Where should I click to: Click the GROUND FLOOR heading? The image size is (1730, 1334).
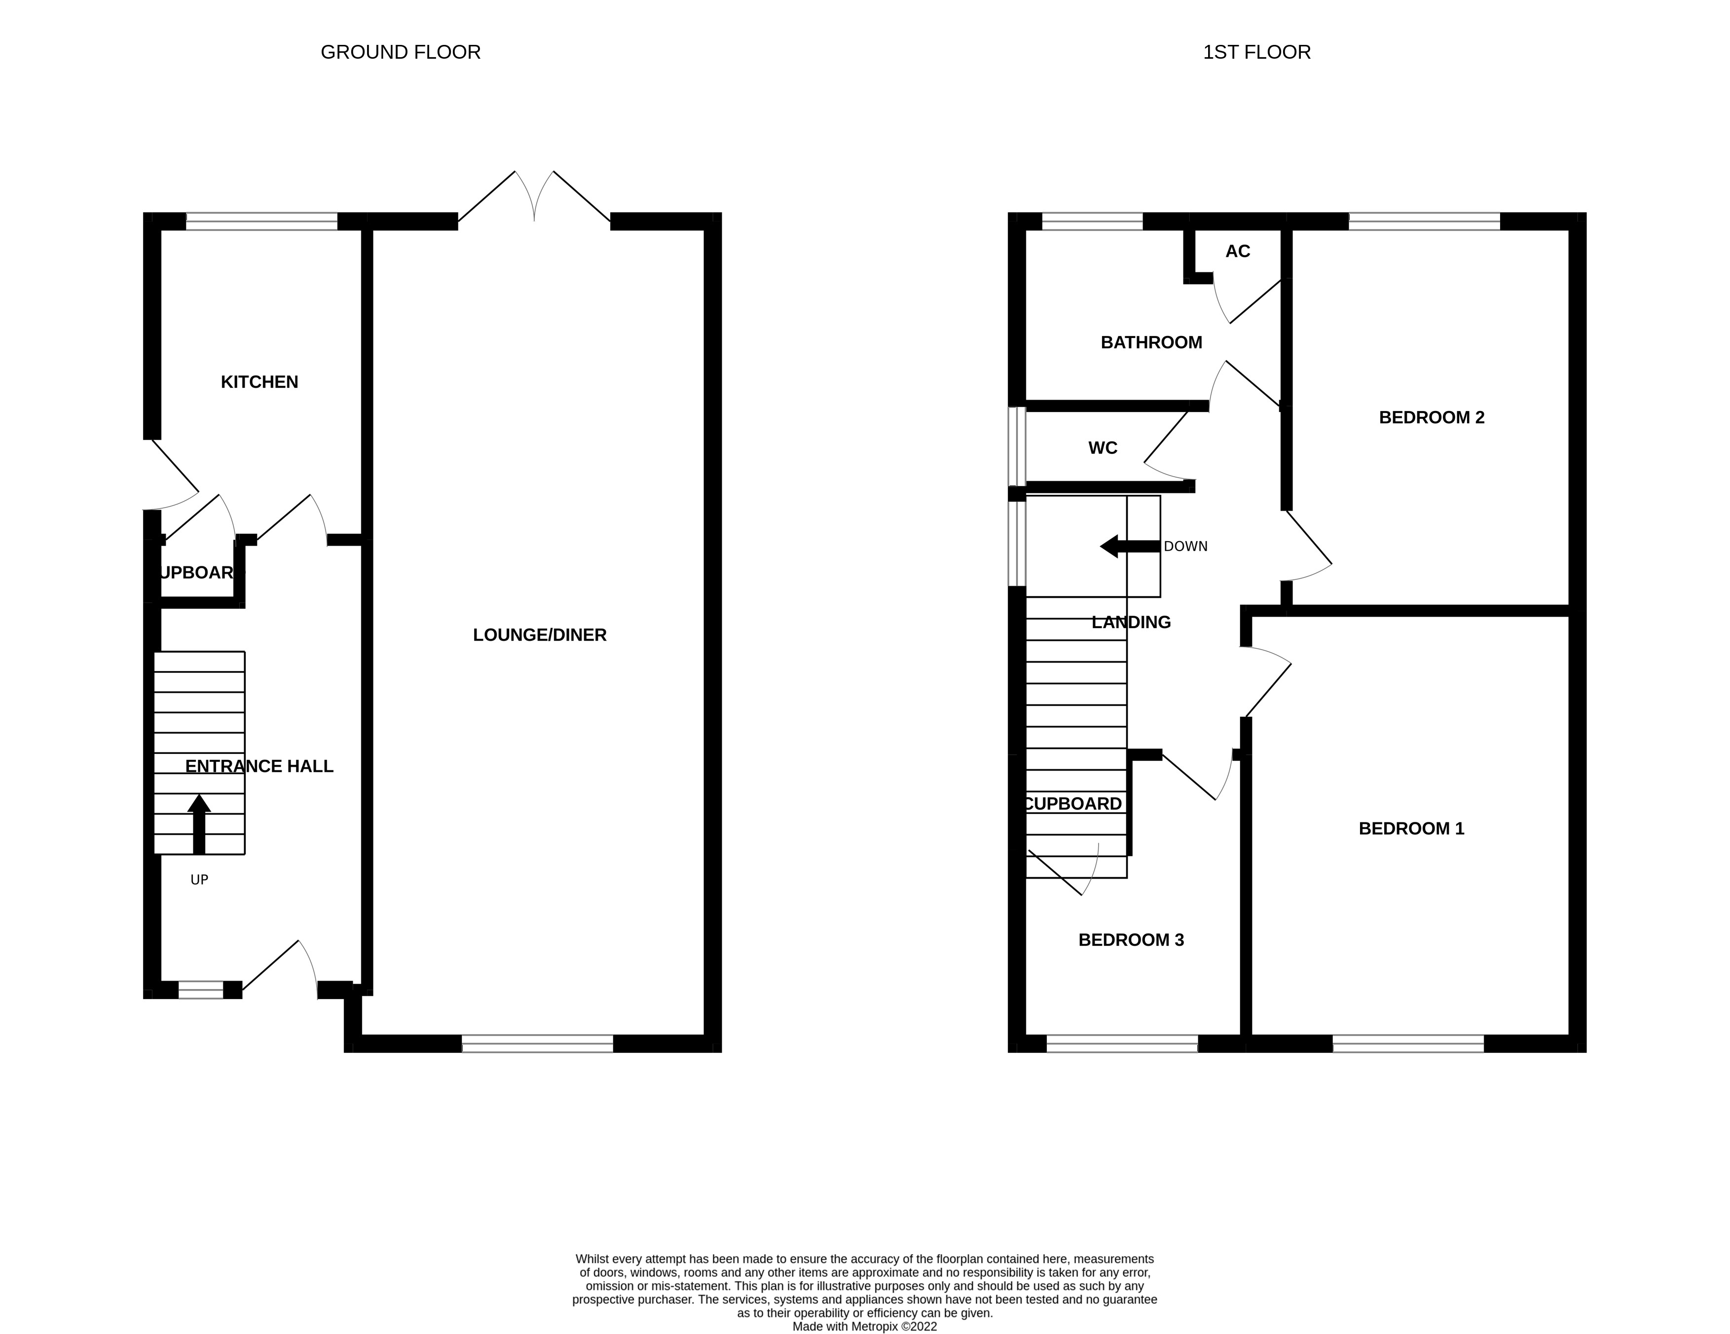click(x=400, y=52)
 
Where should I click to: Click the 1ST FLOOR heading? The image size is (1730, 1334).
click(x=1256, y=52)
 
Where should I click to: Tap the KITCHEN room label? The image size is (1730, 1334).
click(x=259, y=382)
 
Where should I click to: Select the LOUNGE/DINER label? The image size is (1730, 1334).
click(x=540, y=634)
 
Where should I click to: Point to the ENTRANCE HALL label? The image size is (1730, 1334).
click(x=259, y=766)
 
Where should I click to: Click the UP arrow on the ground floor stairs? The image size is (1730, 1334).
click(x=199, y=824)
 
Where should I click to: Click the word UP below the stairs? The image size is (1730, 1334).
click(x=199, y=879)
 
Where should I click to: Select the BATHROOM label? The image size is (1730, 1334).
click(x=1151, y=342)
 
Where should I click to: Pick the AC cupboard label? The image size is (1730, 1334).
click(x=1237, y=251)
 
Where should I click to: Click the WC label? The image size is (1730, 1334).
click(x=1103, y=447)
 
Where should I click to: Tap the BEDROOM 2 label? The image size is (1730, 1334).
click(x=1432, y=417)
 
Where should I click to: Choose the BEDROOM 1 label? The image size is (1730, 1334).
click(x=1411, y=829)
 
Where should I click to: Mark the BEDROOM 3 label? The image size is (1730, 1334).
click(x=1130, y=939)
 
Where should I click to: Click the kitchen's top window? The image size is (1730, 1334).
click(x=261, y=221)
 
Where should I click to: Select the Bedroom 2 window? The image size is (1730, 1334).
click(x=1424, y=221)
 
